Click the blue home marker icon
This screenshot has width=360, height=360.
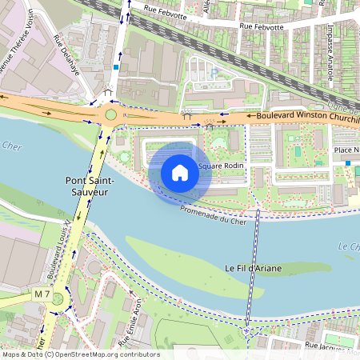tap(180, 173)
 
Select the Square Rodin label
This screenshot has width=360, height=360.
tap(222, 166)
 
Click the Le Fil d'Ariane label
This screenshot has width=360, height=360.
tap(252, 268)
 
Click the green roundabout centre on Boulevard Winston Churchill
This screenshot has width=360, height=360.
tap(110, 115)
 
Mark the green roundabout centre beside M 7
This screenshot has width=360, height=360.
tap(58, 303)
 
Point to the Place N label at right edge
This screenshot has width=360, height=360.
tap(346, 150)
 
